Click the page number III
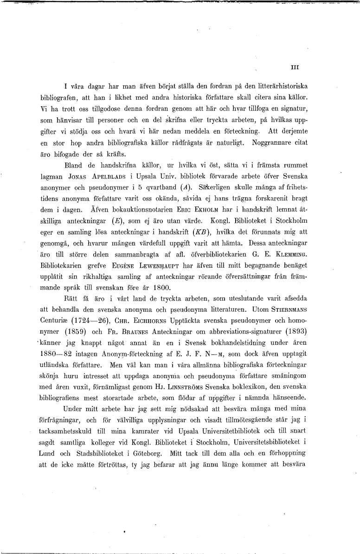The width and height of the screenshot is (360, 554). pyautogui.click(x=295, y=67)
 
